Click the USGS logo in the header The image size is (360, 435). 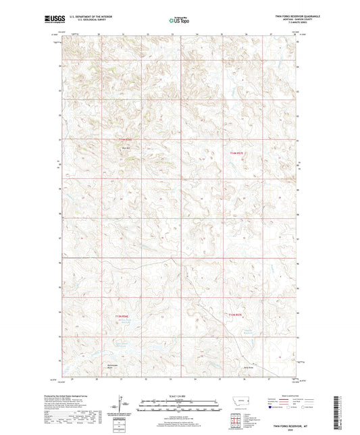[x=50, y=20]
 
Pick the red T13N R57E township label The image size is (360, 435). [x=236, y=315]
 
